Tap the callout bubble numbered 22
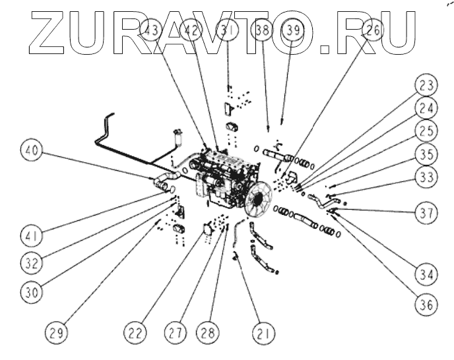click(136, 333)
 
